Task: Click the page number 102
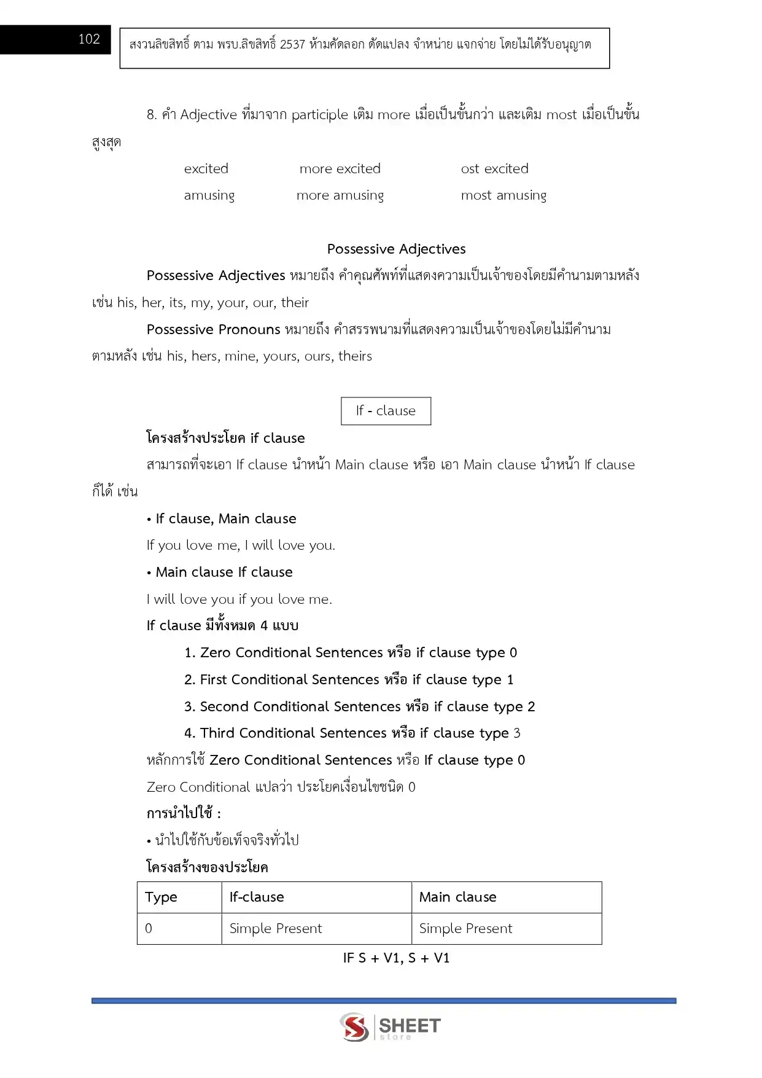89,39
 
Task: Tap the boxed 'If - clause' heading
386,411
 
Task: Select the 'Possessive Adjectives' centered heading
396,249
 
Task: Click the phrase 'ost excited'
494,169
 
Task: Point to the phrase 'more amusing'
340,195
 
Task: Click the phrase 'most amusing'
503,195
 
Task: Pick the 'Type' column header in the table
161,897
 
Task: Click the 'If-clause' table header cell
257,897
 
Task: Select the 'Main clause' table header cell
457,897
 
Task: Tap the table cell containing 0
149,929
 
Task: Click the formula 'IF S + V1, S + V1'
396,958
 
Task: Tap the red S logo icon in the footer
354,1027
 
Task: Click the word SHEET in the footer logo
410,1025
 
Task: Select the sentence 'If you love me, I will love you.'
241,545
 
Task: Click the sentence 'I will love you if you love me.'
239,600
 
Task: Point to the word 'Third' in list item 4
217,733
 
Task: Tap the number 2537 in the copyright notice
292,45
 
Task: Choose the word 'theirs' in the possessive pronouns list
355,356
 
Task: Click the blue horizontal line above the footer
384,1001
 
